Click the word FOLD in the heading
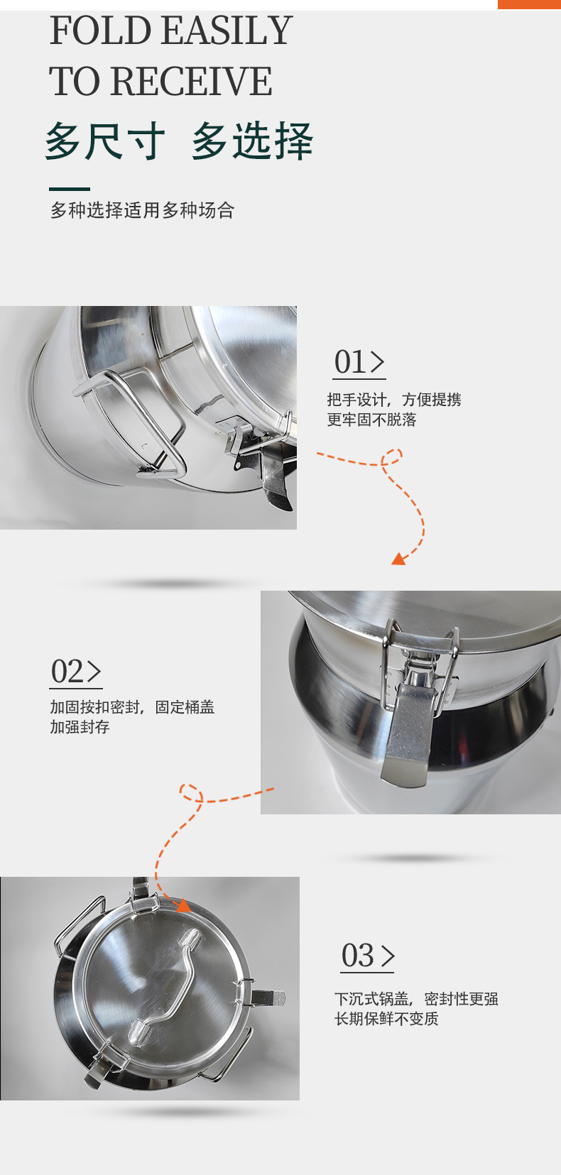tap(100, 31)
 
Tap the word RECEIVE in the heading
tap(191, 82)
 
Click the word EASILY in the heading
tap(227, 31)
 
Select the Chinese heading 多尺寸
tap(105, 141)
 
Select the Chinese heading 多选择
tap(252, 141)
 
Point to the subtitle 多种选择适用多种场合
tap(142, 210)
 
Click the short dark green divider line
tap(70, 189)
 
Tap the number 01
tap(350, 362)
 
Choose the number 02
tap(67, 672)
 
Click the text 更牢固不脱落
tap(371, 420)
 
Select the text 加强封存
tap(80, 727)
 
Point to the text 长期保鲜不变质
tap(386, 1019)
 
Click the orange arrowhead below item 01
tap(399, 559)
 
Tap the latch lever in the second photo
tap(407, 734)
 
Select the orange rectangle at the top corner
tap(529, 4)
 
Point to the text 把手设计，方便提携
tap(394, 400)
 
